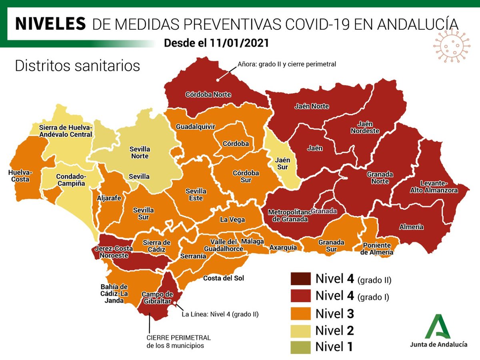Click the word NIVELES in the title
click(x=50, y=24)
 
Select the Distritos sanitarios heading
click(x=77, y=66)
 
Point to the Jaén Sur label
click(x=282, y=163)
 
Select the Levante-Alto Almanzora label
click(x=428, y=187)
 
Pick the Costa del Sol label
click(x=223, y=278)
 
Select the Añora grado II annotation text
click(x=286, y=64)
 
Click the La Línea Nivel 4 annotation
click(x=220, y=314)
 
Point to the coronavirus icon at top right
click(x=451, y=45)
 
